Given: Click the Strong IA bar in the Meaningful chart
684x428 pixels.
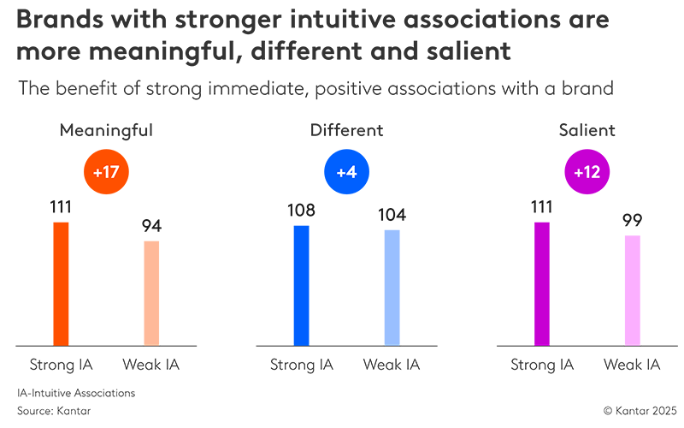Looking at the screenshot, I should coord(61,284).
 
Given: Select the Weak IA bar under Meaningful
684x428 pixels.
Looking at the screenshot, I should coord(151,294).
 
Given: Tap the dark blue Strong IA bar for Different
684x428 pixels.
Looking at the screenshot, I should coord(301,286).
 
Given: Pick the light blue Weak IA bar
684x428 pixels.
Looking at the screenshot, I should coord(392,288).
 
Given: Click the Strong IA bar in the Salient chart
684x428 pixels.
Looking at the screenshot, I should coord(542,284).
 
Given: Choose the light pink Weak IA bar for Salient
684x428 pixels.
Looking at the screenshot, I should coord(632,290).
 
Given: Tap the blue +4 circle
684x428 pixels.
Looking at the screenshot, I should coord(346,171).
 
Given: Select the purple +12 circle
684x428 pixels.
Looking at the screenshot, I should coord(587,171).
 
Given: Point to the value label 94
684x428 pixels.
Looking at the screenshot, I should coord(152,226).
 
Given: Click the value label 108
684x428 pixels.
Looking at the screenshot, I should coord(301,210).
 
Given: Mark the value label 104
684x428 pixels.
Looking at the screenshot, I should coord(392,214).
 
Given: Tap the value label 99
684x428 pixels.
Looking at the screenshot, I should coord(633,220).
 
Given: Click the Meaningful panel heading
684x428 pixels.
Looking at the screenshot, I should coord(106,131).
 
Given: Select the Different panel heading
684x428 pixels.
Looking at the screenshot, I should coord(346,131).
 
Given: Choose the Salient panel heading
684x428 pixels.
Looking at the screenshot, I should coord(587,131).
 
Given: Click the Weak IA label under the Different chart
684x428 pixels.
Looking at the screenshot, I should coord(392,366).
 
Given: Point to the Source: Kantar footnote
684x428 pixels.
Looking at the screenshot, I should coord(53,411).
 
